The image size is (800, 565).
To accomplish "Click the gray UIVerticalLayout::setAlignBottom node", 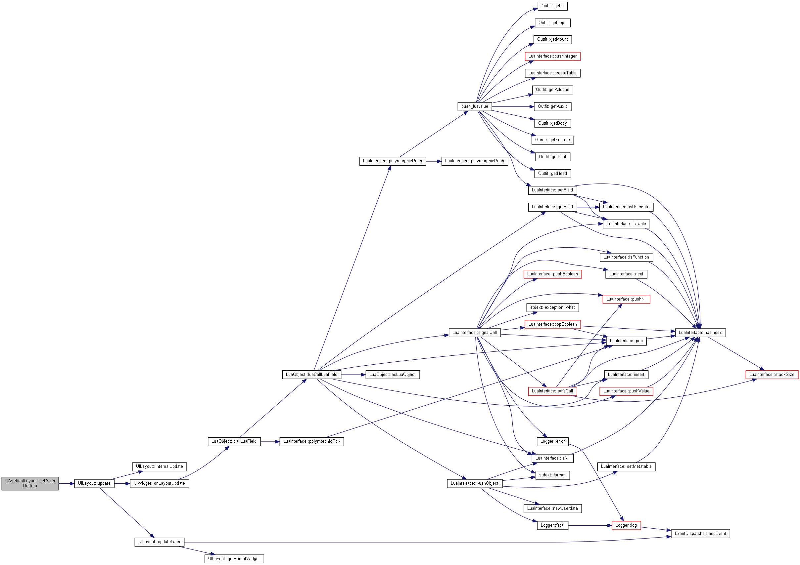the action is tap(30, 483).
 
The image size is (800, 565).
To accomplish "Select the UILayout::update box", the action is tap(94, 483).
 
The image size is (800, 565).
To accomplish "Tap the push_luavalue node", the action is tap(475, 106).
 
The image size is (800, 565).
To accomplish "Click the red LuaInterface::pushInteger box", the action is tap(553, 57).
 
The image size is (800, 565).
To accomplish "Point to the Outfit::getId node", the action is tap(553, 6).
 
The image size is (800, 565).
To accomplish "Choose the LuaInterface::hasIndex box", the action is tap(700, 333).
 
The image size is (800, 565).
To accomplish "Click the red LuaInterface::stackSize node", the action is tap(772, 375).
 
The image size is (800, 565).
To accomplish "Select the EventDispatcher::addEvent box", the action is tap(700, 534).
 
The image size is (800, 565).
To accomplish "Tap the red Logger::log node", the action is tap(626, 525).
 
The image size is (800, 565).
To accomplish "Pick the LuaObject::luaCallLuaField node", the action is tap(311, 375).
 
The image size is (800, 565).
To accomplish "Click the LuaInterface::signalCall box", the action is tap(475, 333).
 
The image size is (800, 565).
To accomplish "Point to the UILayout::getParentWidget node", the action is tap(234, 559).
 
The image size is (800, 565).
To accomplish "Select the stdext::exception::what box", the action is tap(553, 308).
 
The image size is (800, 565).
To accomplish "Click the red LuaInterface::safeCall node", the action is tap(553, 391).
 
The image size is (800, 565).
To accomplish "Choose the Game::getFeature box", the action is tap(553, 140).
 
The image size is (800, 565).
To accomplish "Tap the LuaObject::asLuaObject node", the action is tap(393, 375).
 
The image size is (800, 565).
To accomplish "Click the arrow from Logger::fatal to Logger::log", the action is tap(590, 525).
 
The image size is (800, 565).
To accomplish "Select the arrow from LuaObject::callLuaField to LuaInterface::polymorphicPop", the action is tap(270, 442).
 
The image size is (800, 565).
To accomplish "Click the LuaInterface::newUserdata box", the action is tap(553, 508).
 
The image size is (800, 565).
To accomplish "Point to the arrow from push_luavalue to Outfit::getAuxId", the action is tap(513, 106).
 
